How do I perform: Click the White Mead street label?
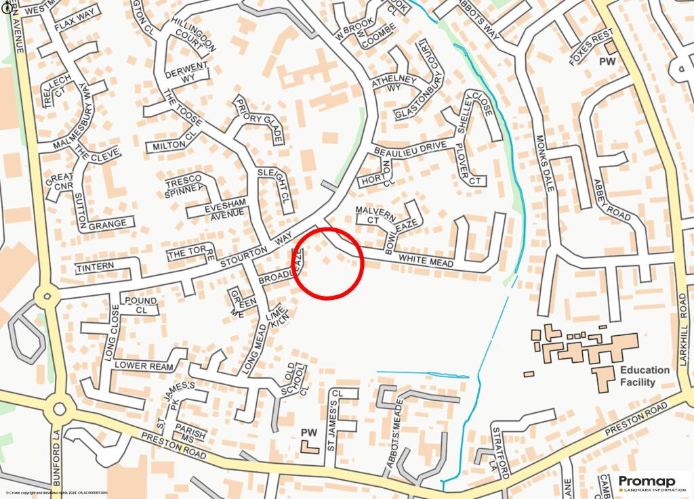[426, 259]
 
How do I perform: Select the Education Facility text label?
[644, 376]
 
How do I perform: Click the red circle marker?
[328, 263]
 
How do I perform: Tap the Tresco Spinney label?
[184, 185]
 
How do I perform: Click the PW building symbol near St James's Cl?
[310, 446]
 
